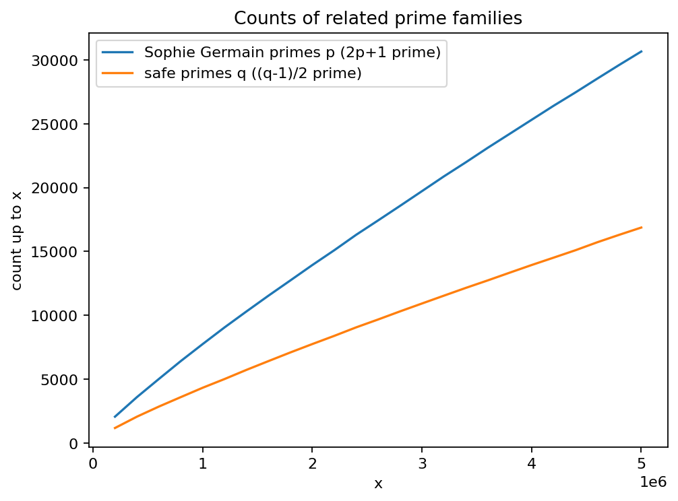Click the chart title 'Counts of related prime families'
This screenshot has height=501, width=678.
(x=378, y=19)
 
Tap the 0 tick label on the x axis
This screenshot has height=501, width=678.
(x=93, y=463)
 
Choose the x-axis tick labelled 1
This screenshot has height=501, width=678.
(x=203, y=463)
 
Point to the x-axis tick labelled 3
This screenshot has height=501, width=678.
(x=422, y=463)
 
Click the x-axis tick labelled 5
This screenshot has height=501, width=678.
(x=642, y=463)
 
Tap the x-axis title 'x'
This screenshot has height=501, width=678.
(x=378, y=483)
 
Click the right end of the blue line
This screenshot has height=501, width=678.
(x=642, y=51)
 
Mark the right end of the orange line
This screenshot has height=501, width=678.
(x=642, y=227)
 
